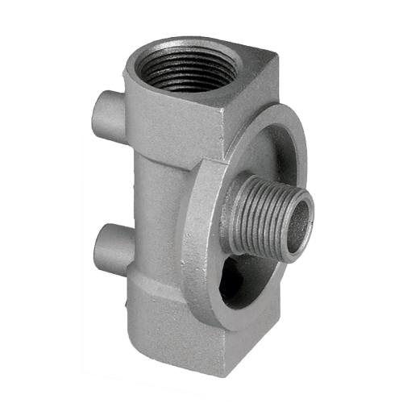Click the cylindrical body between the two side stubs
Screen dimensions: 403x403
pos(149,185)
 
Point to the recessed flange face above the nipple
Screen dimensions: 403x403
pos(258,153)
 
